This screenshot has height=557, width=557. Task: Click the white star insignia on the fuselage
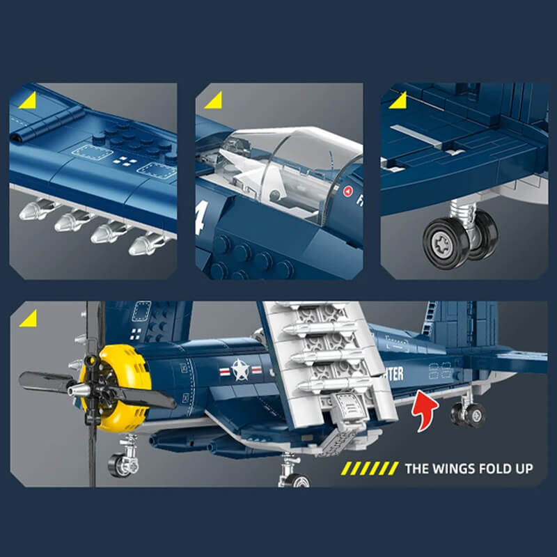(241, 370)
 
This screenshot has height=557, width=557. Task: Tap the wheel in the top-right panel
(446, 241)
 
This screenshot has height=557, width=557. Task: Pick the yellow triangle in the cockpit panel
(212, 102)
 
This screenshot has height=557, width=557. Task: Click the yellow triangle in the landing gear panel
(398, 101)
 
